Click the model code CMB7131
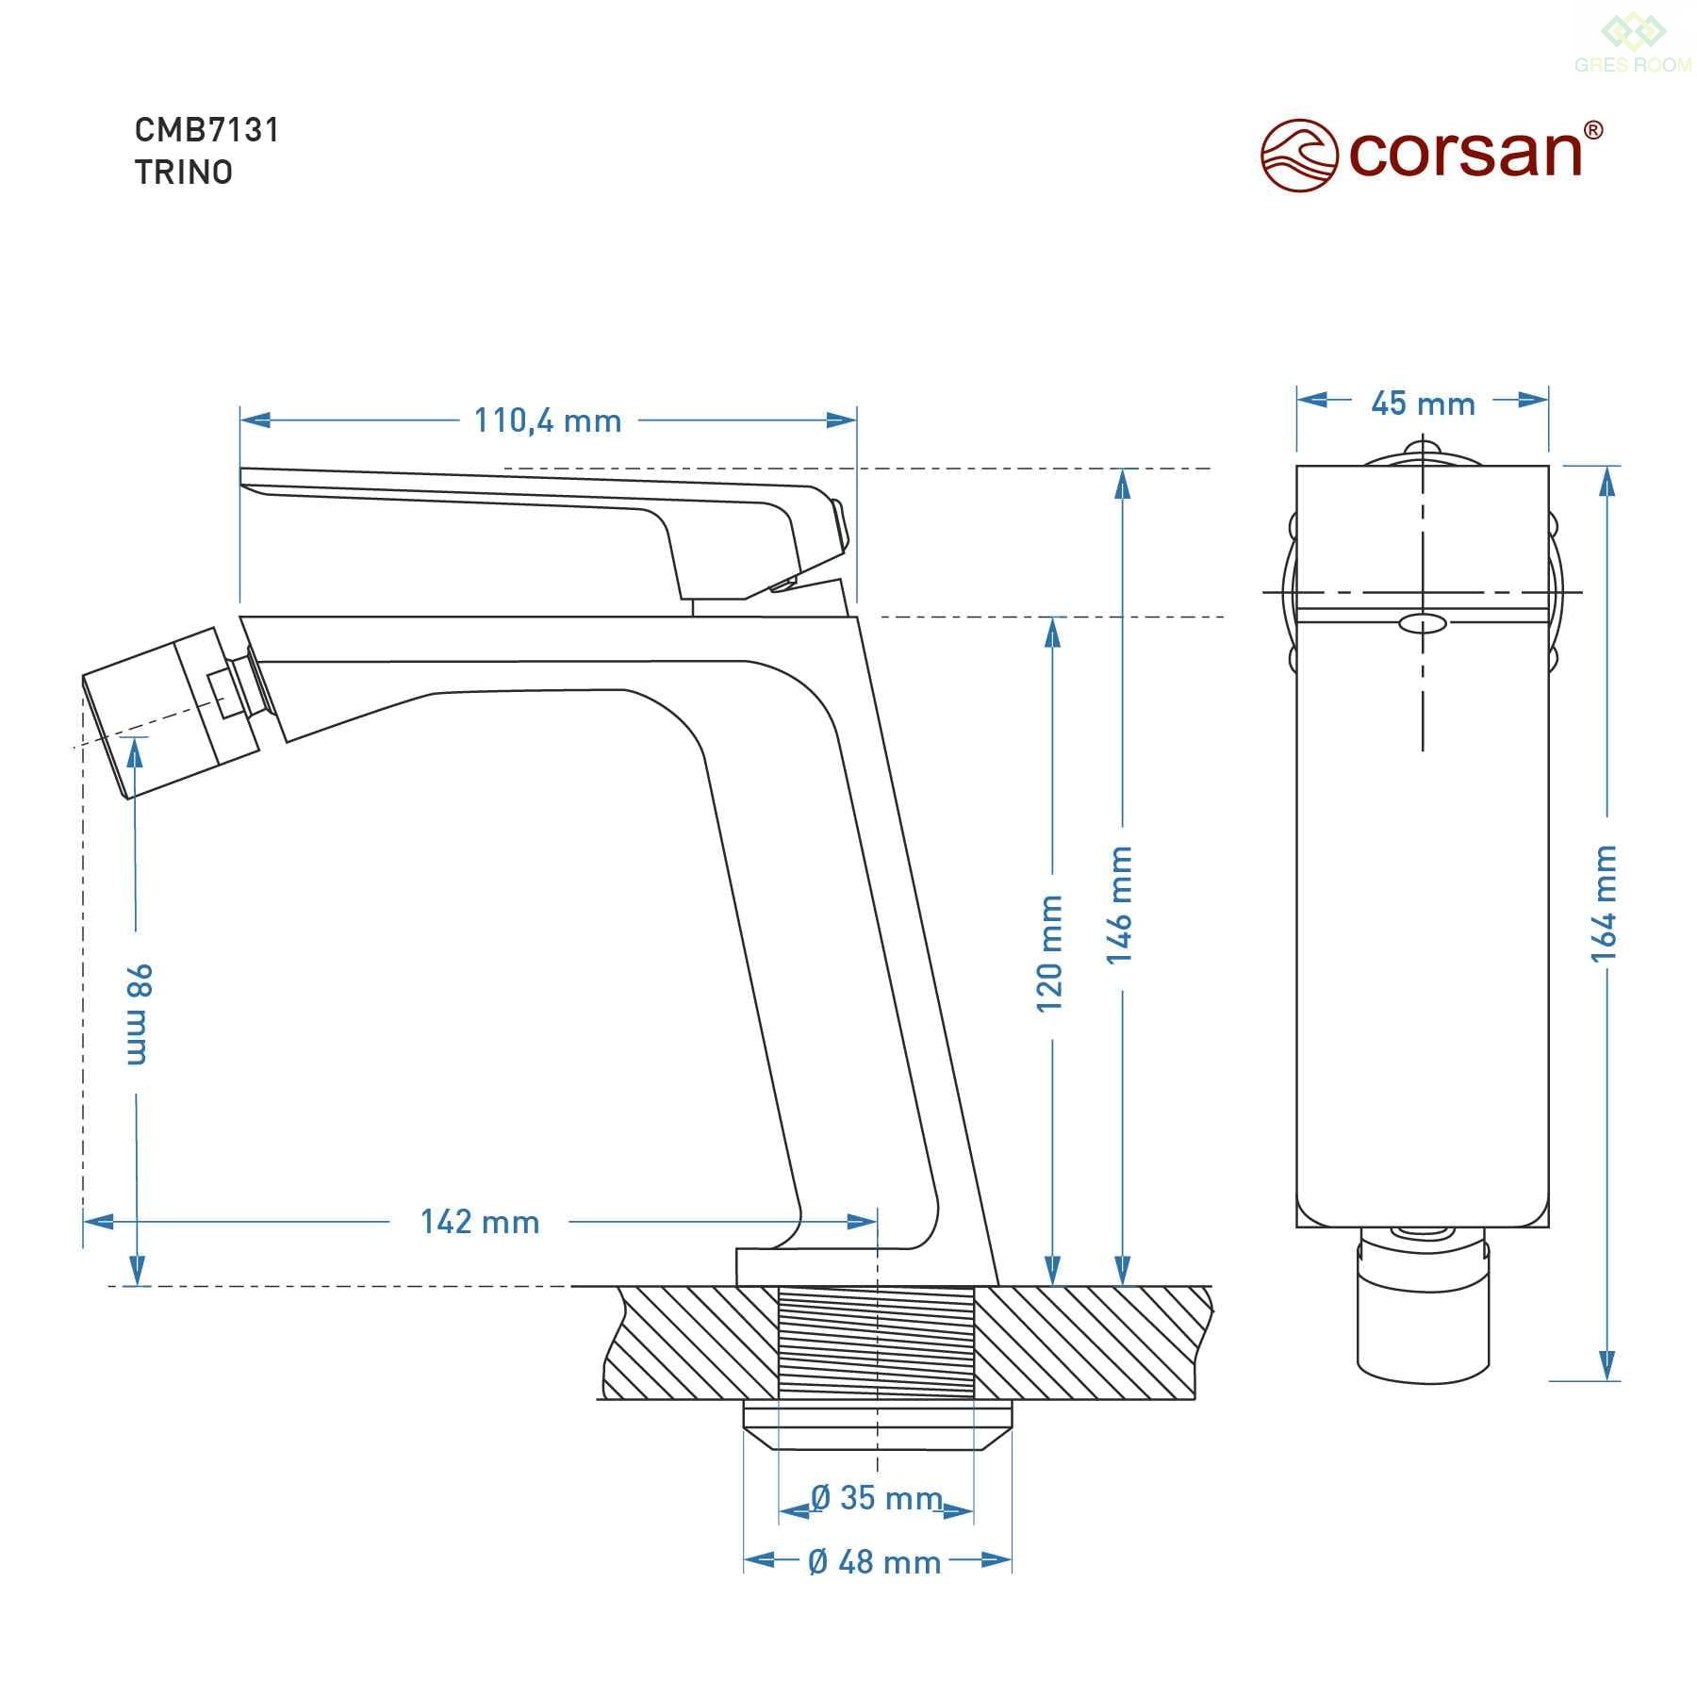[x=207, y=129]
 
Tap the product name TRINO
[x=184, y=173]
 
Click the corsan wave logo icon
[x=1300, y=155]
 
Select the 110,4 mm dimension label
[x=548, y=420]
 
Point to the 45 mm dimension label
[x=1423, y=404]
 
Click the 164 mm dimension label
[x=1604, y=903]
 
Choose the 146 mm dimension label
[x=1119, y=904]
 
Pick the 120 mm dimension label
[x=1050, y=953]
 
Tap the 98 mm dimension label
[x=138, y=1014]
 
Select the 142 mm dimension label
[x=480, y=1222]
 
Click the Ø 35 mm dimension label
[x=877, y=1497]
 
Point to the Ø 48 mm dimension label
[x=875, y=1562]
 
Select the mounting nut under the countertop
[x=877, y=1425]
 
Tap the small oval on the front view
[x=1423, y=623]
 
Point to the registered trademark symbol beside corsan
[x=1592, y=130]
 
